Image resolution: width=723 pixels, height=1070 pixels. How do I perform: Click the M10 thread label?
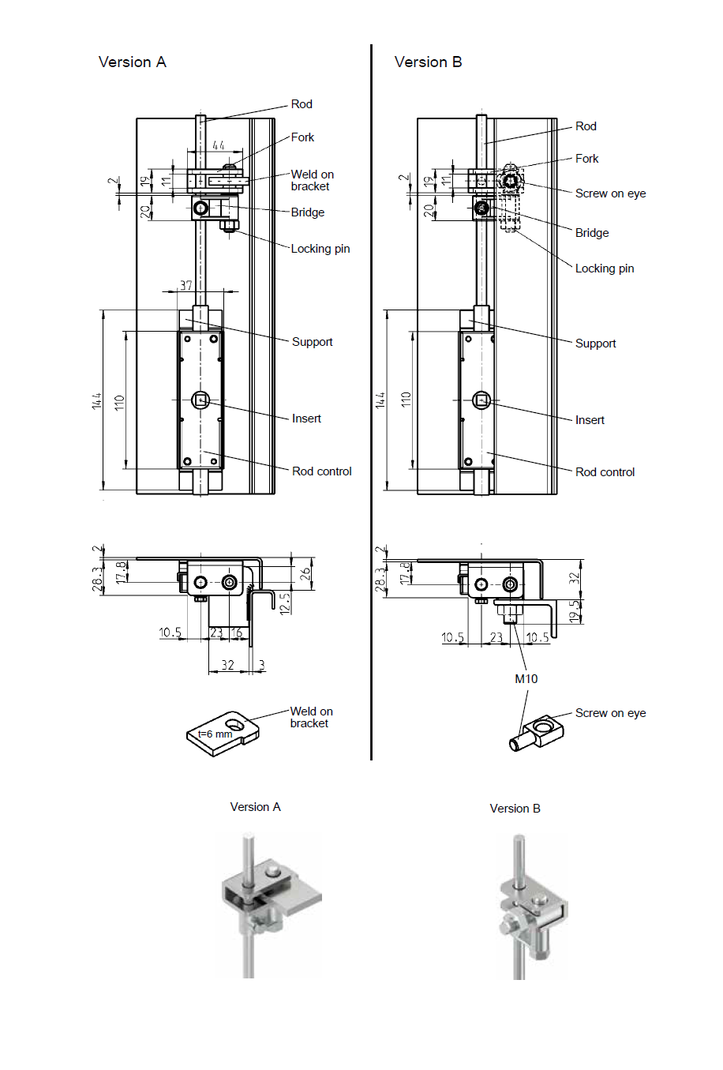526,678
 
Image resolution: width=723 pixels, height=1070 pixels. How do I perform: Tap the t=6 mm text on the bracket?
215,734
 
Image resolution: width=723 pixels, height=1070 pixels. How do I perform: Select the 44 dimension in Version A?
219,145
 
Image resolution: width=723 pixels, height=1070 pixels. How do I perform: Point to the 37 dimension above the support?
186,285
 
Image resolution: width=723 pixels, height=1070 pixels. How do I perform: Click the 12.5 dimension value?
284,603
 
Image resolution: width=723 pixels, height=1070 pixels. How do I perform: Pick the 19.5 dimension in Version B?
575,610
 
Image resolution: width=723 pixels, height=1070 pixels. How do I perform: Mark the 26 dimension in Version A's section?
305,574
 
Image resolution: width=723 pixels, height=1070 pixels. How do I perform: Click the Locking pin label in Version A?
320,249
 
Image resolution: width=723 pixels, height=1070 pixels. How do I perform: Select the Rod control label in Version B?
605,472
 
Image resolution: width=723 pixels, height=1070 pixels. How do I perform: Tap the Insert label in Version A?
306,419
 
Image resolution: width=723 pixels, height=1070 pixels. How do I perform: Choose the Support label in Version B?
595,344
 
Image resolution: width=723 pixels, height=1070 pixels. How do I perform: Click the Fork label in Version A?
302,137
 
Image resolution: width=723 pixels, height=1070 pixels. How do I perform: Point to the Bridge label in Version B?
592,233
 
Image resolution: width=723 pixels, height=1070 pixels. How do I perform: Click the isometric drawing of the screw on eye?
537,733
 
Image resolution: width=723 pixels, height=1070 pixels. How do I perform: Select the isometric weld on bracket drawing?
223,732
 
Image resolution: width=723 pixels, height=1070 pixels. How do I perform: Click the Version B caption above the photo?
515,809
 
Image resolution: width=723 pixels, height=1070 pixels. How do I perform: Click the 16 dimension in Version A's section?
237,633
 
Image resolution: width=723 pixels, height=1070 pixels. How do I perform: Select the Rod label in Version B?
586,126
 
